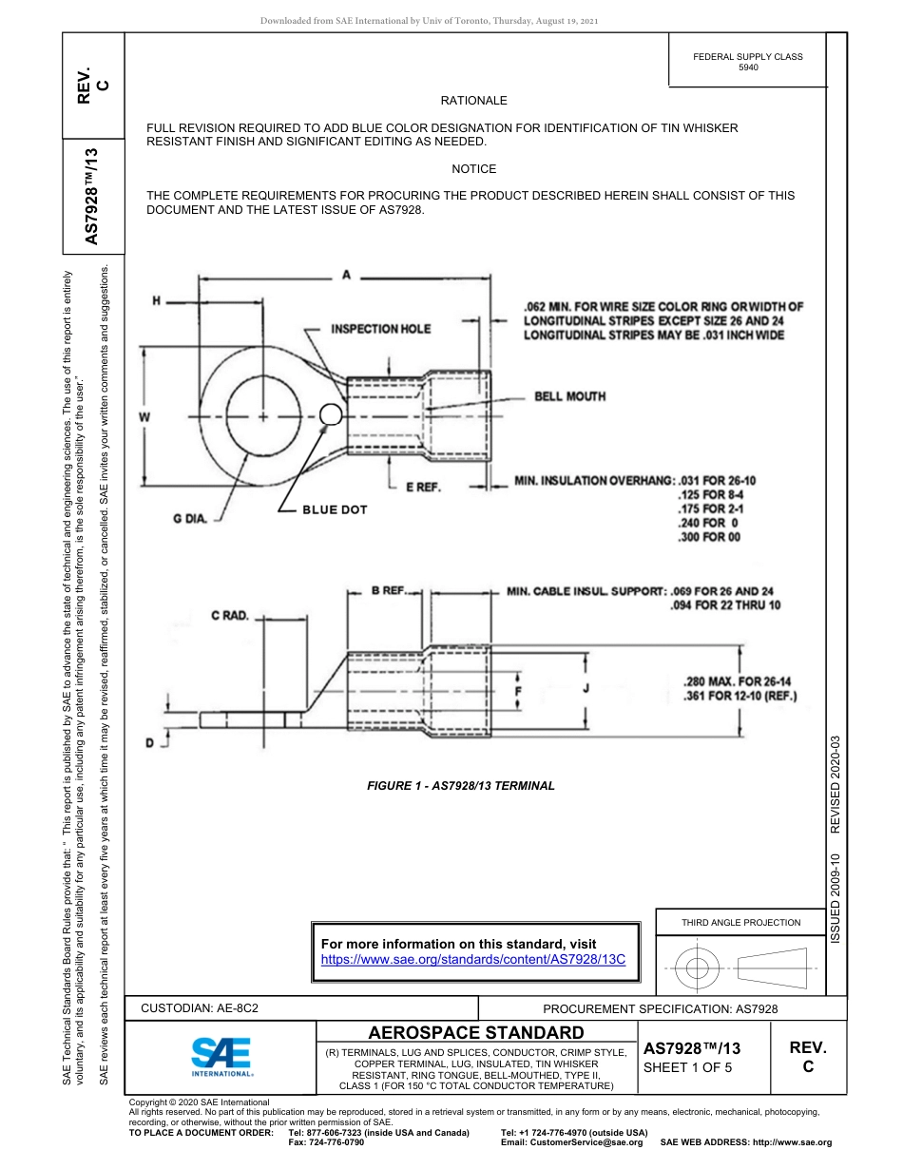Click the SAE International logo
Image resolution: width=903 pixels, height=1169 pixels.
pos(221,1055)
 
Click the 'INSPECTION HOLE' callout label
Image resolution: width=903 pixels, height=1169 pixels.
pos(380,329)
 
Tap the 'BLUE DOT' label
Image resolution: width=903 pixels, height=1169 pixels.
pos(335,510)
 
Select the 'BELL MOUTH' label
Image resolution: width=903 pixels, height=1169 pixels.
pos(569,396)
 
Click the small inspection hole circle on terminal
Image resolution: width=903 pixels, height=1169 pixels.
pos(330,414)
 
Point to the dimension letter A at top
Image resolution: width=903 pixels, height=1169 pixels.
pos(346,275)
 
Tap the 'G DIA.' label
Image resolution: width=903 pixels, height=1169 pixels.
pos(191,518)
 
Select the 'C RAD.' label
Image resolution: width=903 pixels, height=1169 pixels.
pos(230,616)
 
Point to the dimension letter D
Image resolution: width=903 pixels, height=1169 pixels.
pos(149,742)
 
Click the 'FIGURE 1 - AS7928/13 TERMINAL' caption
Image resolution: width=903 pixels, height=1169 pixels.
pos(460,786)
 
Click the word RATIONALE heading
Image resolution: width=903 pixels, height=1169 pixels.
pos(473,101)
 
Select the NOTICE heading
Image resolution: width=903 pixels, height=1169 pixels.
pos(473,169)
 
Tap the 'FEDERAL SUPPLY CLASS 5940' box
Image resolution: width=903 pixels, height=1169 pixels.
pos(747,62)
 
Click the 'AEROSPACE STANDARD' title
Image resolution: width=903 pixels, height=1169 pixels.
pos(476,1033)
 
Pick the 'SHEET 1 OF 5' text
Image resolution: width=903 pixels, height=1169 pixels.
pos(688,1067)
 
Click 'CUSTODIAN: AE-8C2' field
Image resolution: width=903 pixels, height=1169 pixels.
pos(200,1008)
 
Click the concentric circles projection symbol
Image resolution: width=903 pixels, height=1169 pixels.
pos(698,968)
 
